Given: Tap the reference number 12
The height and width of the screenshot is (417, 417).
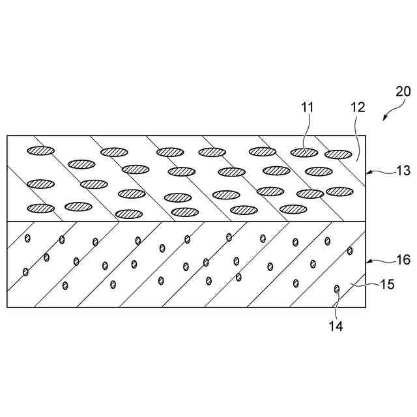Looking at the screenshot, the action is pyautogui.click(x=357, y=107).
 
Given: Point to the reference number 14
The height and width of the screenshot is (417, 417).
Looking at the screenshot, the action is pyautogui.click(x=336, y=325).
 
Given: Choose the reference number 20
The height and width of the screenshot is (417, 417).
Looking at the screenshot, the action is pyautogui.click(x=403, y=91).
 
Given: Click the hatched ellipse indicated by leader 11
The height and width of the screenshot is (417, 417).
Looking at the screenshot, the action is pyautogui.click(x=304, y=152).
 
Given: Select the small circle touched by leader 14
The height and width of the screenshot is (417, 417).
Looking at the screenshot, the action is pyautogui.click(x=337, y=289).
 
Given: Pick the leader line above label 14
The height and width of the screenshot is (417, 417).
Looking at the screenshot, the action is pyautogui.click(x=336, y=305).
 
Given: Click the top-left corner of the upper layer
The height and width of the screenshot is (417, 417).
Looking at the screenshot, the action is pyautogui.click(x=7, y=136).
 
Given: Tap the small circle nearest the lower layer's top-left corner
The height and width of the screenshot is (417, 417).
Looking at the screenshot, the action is pyautogui.click(x=28, y=238).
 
